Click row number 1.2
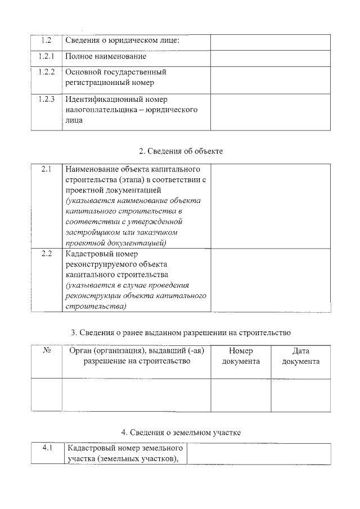(47, 40)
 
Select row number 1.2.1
(47, 57)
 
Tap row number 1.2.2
(47, 73)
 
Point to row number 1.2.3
(47, 100)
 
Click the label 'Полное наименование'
(106, 57)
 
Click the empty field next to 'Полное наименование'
(270, 57)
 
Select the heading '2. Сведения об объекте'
(181, 151)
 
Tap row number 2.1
(47, 169)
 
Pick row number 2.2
(47, 254)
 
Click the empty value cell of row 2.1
(270, 206)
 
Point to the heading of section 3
(181, 333)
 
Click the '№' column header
(47, 351)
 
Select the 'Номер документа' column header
(241, 356)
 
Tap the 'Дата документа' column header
(301, 356)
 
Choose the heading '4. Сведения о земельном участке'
(181, 432)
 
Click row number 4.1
(48, 449)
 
